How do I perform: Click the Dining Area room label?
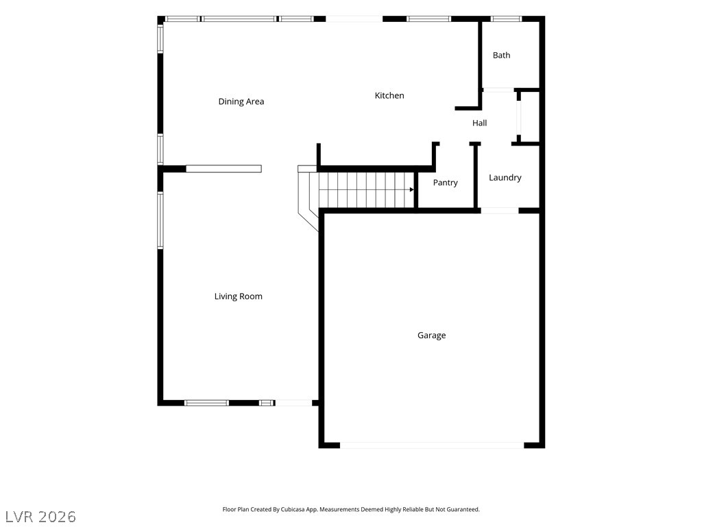tap(241, 102)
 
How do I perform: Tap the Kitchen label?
tap(389, 95)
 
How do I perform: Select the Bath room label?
tap(501, 55)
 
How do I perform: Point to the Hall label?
tap(479, 123)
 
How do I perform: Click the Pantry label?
tap(445, 183)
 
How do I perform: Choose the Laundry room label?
tap(505, 178)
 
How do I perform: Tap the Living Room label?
tap(238, 296)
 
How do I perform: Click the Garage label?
tap(432, 335)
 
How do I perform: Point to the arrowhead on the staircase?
tap(412, 189)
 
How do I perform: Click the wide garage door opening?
tap(432, 445)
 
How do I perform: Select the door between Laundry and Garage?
tap(500, 210)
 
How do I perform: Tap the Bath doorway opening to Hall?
tap(498, 90)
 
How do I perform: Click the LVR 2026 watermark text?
tap(40, 517)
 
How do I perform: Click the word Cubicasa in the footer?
tap(293, 510)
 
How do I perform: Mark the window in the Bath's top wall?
tap(507, 19)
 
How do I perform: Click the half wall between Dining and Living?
tap(224, 169)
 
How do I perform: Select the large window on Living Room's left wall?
tap(160, 220)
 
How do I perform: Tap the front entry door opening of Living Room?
tap(293, 403)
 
